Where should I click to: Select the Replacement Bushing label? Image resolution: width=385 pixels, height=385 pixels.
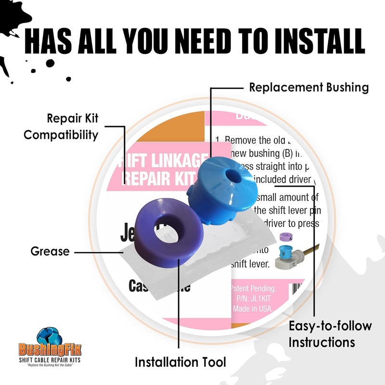[x=309, y=88]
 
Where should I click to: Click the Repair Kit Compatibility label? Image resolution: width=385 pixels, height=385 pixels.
[x=61, y=126]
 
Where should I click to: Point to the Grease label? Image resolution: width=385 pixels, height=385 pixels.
[x=50, y=251]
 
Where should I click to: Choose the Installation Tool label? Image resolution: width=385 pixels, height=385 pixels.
[x=180, y=361]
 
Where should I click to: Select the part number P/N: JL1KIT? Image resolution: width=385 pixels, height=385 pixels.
[x=252, y=298]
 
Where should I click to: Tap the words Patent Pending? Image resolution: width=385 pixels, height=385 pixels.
[x=253, y=289]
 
